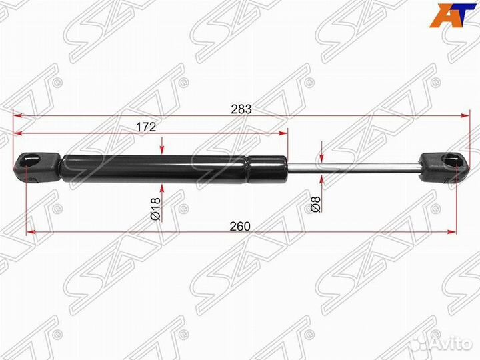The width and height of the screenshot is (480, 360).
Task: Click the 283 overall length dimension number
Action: click(241, 109)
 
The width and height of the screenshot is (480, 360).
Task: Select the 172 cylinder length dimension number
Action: click(146, 127)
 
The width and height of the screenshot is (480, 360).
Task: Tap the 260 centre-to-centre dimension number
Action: click(240, 226)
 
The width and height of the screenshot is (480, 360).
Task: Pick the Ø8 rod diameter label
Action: click(315, 205)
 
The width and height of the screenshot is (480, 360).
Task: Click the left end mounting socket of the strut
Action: click(36, 167)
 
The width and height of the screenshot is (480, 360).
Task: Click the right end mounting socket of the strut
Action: click(445, 168)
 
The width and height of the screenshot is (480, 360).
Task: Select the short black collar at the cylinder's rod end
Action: click(267, 169)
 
